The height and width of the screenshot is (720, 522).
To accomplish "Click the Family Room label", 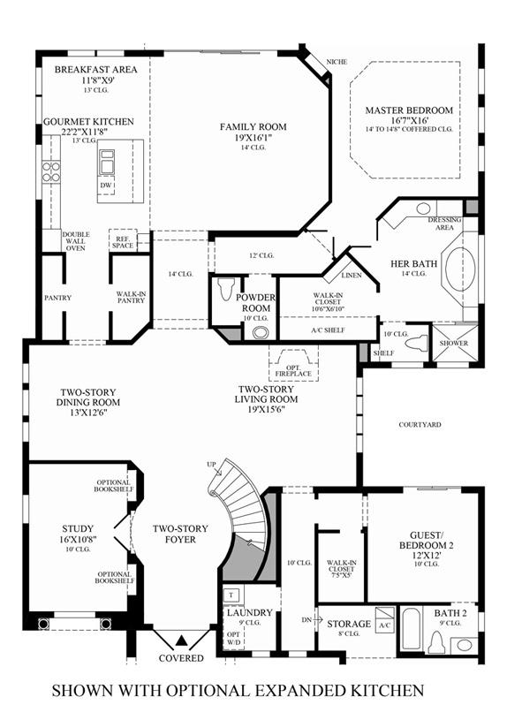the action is point(253,126).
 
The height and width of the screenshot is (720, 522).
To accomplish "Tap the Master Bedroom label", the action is point(409,110).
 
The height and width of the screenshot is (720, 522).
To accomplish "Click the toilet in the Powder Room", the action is point(226,289).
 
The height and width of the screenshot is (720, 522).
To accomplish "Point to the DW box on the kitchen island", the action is point(106,186).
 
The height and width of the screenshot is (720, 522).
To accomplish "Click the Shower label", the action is point(454,343).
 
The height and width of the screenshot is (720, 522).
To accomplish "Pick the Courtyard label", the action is point(420,425).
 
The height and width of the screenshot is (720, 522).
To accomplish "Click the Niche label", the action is point(337,62).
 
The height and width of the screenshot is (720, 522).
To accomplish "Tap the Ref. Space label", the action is point(123,242).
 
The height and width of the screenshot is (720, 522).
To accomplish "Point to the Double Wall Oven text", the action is point(76,241).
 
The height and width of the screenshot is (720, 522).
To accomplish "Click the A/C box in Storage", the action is point(385,619).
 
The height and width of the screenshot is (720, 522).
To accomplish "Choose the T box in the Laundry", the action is point(231,595).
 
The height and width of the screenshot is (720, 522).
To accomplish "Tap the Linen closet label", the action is point(352,276).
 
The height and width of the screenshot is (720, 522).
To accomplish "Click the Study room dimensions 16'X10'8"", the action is point(78,540).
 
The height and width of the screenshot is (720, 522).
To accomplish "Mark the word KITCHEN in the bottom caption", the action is point(386,690).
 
